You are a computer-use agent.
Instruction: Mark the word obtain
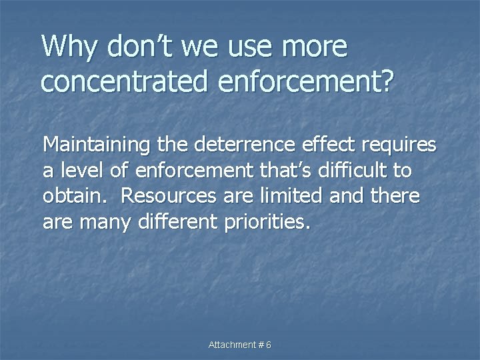coord(73,197)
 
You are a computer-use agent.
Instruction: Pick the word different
coord(176,222)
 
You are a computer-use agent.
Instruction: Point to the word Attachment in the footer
coord(233,345)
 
